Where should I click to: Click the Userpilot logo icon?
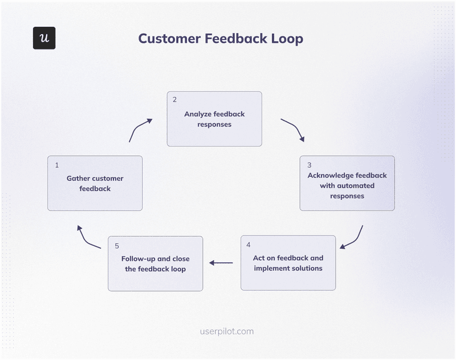coord(44,38)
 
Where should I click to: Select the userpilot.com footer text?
coord(227,331)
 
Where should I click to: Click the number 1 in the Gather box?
coord(57,165)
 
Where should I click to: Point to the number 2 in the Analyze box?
coord(174,100)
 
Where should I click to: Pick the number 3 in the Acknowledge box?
coord(310,164)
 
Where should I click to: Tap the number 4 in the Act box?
coord(249,245)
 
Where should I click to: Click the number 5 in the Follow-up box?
coord(116,245)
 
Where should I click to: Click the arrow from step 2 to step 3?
coord(294,130)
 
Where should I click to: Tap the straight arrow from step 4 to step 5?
coord(221,263)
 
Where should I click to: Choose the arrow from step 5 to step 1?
coord(88,237)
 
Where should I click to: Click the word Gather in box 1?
coord(78,179)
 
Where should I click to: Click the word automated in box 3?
coord(356,185)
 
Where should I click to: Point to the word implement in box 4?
coord(272,268)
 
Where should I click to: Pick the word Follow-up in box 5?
coord(140,258)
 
